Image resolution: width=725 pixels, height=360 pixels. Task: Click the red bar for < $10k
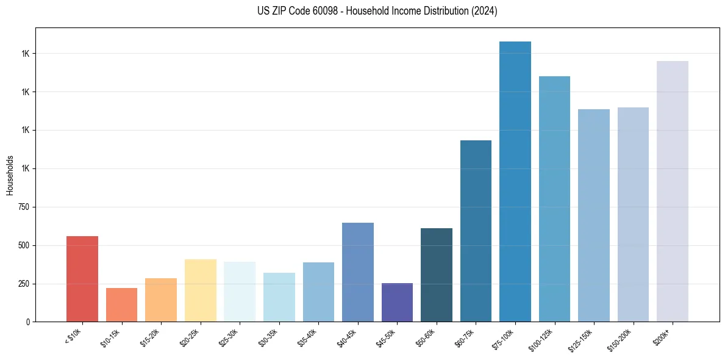82,279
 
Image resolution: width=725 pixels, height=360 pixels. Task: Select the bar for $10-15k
121,304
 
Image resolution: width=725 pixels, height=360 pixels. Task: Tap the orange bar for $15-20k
161,300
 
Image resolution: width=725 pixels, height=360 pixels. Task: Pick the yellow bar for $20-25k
200,290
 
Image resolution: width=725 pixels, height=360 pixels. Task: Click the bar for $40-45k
358,272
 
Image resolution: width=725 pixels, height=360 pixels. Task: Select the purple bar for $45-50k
397,302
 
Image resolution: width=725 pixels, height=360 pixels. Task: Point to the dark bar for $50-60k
437,275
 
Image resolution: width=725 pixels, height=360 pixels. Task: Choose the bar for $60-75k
476,231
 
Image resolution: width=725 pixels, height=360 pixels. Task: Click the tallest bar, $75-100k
515,181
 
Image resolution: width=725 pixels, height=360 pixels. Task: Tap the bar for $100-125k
554,199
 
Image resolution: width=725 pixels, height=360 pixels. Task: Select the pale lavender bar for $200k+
673,191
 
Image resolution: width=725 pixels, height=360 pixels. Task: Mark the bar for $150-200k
633,214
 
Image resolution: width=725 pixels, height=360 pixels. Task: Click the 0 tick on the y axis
28,322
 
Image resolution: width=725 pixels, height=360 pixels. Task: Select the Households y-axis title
10,175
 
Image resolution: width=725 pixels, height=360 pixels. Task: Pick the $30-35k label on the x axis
269,337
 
